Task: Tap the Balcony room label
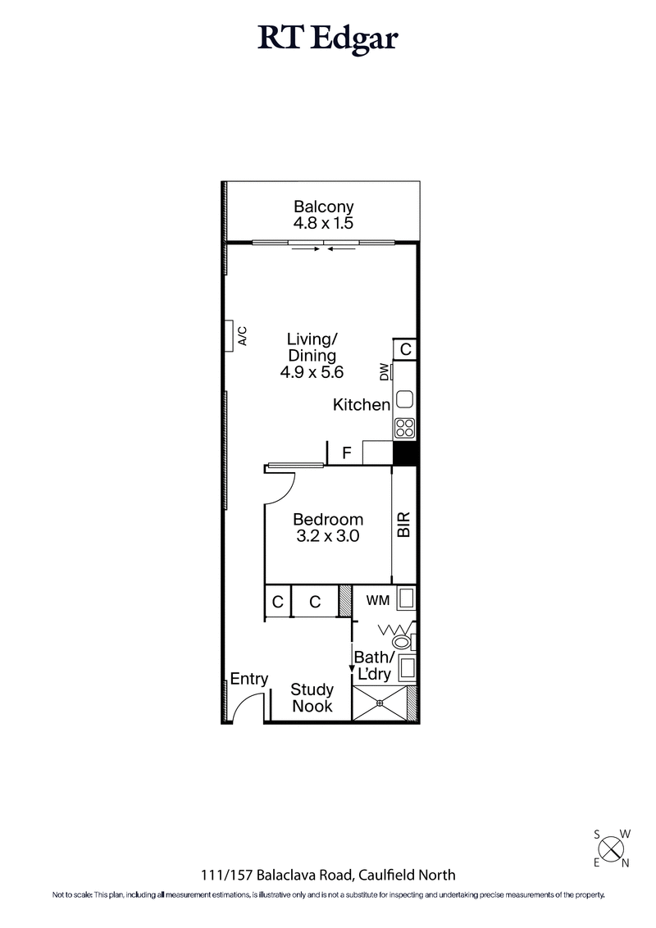(x=323, y=207)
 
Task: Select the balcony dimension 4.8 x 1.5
(x=323, y=223)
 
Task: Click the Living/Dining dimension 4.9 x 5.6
(x=311, y=371)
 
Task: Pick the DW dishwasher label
(x=384, y=372)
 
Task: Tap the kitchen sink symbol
(x=405, y=400)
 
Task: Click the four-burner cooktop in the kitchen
(x=405, y=427)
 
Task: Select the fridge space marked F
(x=347, y=452)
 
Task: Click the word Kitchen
(x=361, y=404)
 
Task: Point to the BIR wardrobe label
(x=403, y=525)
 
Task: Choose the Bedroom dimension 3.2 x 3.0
(x=328, y=536)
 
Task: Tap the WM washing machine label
(x=377, y=600)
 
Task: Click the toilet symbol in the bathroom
(x=403, y=641)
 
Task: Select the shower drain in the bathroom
(x=380, y=703)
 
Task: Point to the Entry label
(x=248, y=679)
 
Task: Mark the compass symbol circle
(x=611, y=846)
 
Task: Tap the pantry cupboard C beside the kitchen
(x=405, y=349)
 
